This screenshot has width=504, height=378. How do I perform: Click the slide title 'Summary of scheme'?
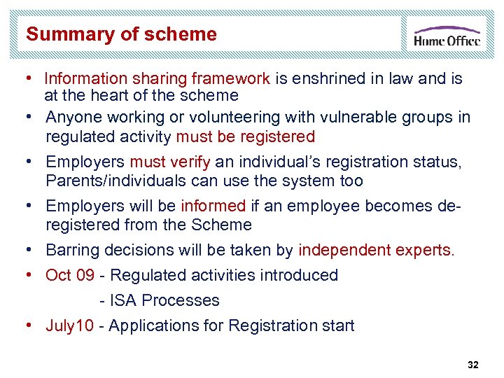pyautogui.click(x=121, y=34)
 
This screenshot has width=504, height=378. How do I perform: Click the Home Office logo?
pyautogui.click(x=447, y=36)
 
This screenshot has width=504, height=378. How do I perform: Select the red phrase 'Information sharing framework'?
pyautogui.click(x=157, y=78)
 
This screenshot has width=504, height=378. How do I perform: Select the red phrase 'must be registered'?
pyautogui.click(x=245, y=136)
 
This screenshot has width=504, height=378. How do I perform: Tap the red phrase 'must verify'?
pyautogui.click(x=170, y=162)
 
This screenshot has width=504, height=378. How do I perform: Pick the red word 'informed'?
pyautogui.click(x=213, y=206)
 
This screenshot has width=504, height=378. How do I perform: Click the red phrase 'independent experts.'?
pyautogui.click(x=377, y=250)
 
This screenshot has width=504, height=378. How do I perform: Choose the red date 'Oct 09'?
pyautogui.click(x=70, y=275)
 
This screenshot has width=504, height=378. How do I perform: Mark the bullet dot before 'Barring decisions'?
pyautogui.click(x=31, y=250)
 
